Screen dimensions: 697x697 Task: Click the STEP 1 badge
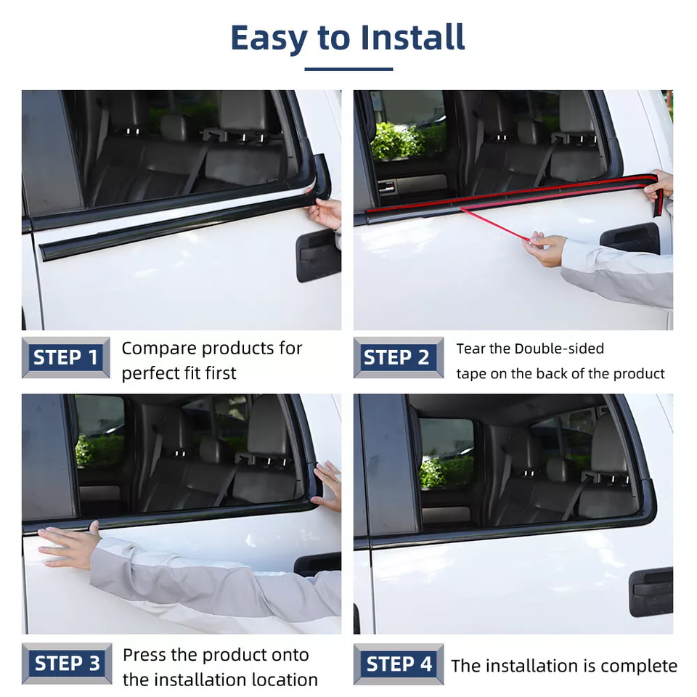pos(65,358)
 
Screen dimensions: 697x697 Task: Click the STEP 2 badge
pos(397,358)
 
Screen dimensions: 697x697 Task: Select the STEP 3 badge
pos(67,664)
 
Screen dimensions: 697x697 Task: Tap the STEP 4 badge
pos(399,664)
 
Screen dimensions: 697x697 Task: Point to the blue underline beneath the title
pos(348,69)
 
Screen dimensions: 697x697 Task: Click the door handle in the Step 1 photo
pos(318,256)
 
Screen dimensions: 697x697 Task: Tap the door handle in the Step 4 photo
pos(651,591)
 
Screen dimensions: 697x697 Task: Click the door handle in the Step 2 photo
pos(630,237)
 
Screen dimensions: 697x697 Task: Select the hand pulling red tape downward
pos(545,249)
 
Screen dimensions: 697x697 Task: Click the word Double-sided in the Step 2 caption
pos(559,348)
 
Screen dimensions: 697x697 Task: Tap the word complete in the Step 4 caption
pos(639,666)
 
